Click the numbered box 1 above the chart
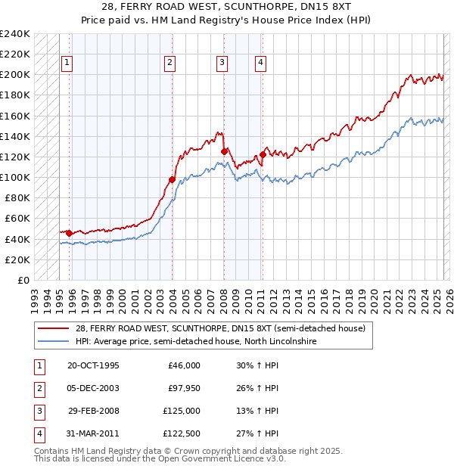coord(68,64)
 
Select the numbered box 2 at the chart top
coord(170,64)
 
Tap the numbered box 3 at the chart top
coord(222,64)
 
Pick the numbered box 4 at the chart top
coord(260,64)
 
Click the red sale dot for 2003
coord(172,179)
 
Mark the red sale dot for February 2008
coord(224,151)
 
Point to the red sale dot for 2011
coord(263,154)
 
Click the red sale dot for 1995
coord(69,233)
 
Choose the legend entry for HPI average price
coord(195,342)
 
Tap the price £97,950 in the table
coord(184,388)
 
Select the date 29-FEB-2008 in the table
coord(94,411)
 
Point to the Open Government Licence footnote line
coord(160,458)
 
